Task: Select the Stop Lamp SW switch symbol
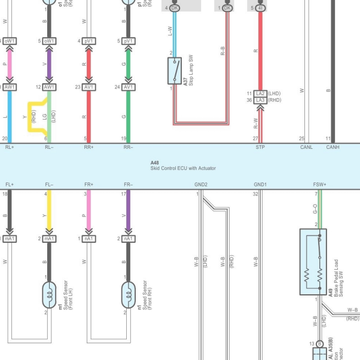click(x=174, y=71)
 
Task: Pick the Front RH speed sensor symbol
click(x=128, y=292)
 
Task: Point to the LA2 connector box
click(x=260, y=94)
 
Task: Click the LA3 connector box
click(x=260, y=100)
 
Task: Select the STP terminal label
click(x=260, y=147)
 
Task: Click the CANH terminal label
click(x=332, y=147)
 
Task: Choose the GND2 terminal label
click(x=201, y=185)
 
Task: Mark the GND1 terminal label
click(x=260, y=185)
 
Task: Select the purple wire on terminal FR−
click(x=128, y=213)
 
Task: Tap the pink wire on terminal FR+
click(x=89, y=213)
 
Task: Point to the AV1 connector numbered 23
click(x=89, y=87)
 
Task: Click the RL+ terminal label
click(x=10, y=147)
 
